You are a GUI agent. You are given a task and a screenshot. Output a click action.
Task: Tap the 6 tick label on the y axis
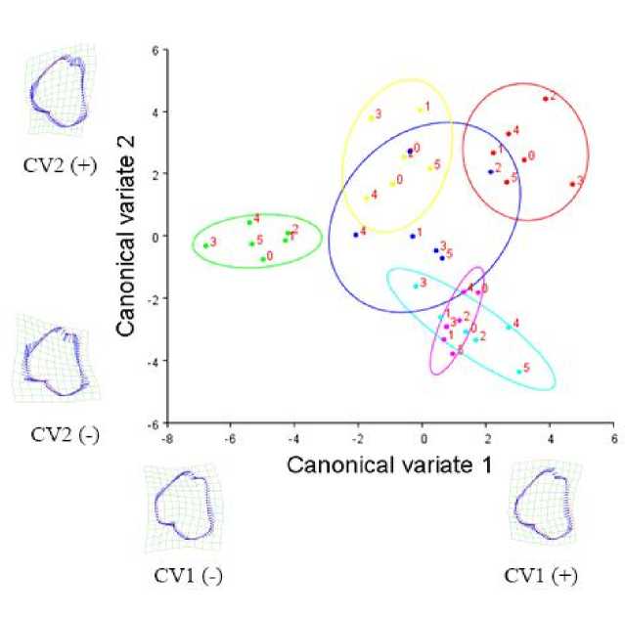[x=154, y=48]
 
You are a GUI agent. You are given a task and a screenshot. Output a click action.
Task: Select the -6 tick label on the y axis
[x=152, y=423]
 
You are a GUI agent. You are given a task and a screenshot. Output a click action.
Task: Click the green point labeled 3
[x=205, y=244]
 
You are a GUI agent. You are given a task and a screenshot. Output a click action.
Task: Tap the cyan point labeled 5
[x=518, y=372]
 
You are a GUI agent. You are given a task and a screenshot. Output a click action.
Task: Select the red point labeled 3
[x=572, y=184]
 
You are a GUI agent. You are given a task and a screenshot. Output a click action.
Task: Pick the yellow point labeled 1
[x=420, y=110]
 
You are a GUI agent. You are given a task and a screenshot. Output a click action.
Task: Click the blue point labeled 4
[x=355, y=235]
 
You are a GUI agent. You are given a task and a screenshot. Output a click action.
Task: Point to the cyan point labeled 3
[x=415, y=286]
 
